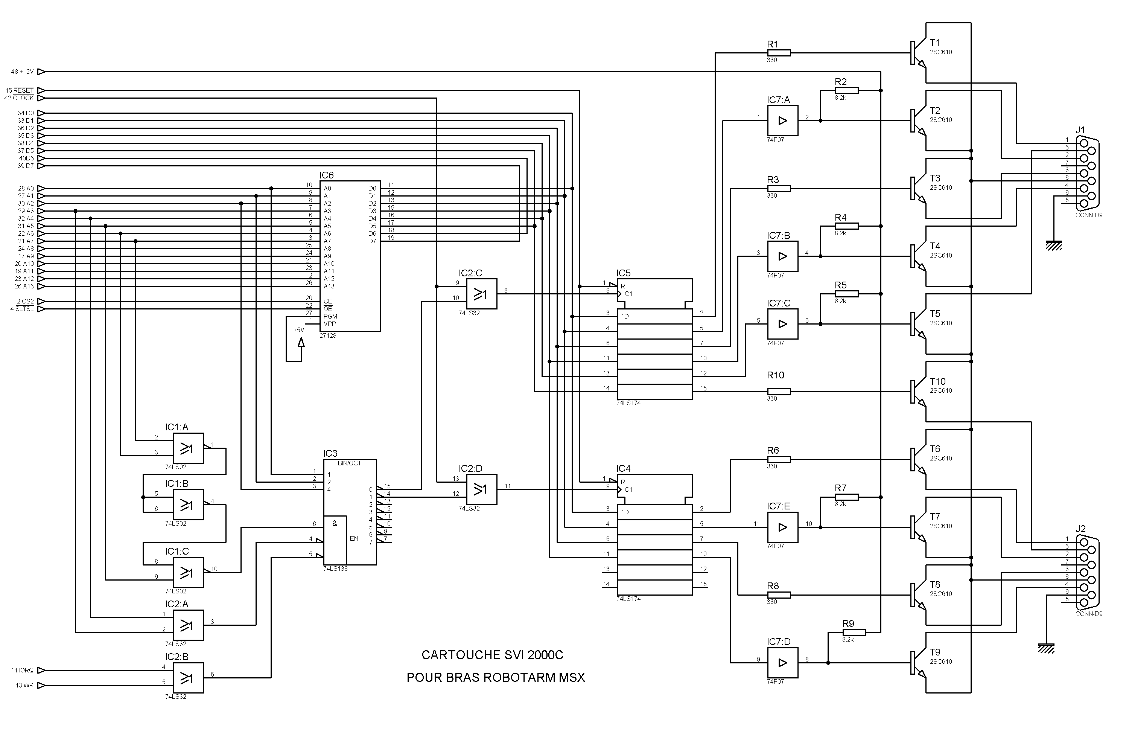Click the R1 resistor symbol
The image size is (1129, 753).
pos(779,53)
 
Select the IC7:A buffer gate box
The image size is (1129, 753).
pos(782,120)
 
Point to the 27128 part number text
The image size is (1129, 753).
pos(328,336)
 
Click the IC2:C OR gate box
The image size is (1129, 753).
pos(481,294)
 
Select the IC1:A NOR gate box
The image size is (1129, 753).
pos(188,448)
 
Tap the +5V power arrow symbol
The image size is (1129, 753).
pos(301,342)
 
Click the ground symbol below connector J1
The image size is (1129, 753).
pos(1054,245)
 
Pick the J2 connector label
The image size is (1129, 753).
pos(1080,529)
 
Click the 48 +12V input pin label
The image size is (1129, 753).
pos(23,72)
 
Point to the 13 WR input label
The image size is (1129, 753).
pos(24,685)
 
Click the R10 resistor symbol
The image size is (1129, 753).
pos(779,392)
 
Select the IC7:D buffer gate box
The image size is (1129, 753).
pos(782,663)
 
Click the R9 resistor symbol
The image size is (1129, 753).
pos(854,633)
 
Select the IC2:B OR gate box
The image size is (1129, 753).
pos(188,678)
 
